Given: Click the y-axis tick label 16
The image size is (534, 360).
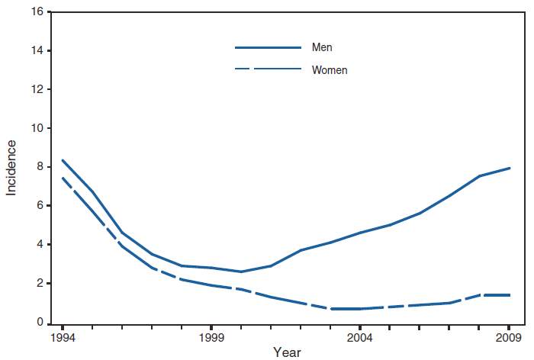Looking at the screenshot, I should [36, 12].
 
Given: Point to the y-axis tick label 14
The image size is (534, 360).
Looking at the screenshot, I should [36, 51].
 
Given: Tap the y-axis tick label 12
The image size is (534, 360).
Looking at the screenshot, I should [36, 90].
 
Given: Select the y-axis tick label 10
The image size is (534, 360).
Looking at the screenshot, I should [36, 128].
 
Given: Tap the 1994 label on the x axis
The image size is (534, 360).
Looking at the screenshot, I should [63, 336].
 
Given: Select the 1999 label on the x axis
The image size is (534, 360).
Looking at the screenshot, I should [211, 336].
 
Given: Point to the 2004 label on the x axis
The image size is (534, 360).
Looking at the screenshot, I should [360, 336].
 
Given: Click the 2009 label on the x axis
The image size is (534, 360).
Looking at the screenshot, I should [509, 336].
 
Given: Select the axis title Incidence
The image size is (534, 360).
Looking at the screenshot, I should [11, 167].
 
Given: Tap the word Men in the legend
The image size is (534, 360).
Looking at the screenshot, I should [322, 47].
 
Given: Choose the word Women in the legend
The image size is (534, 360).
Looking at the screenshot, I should [330, 70].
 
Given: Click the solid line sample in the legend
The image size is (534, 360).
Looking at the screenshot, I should [268, 47].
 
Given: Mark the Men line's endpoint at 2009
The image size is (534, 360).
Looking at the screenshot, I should [510, 168].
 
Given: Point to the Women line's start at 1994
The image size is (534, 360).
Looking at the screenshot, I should [63, 178].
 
